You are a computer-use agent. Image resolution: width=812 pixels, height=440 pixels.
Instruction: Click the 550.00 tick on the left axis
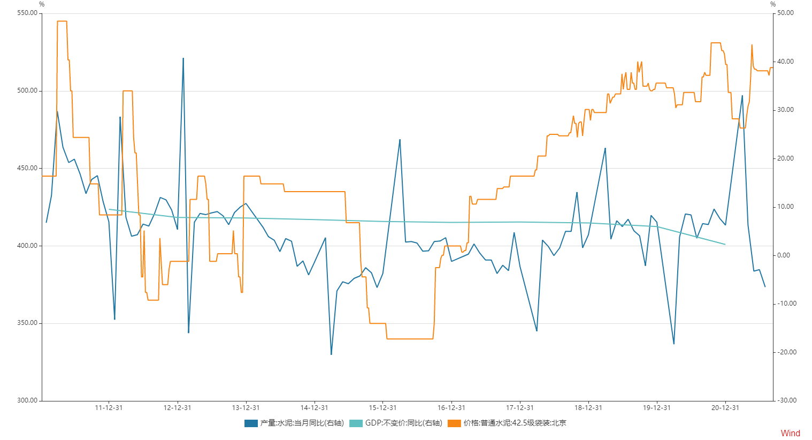click(27, 13)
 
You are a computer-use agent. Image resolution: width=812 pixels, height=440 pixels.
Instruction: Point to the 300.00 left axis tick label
click(27, 400)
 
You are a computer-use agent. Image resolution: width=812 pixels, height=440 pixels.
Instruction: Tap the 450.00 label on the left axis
click(27, 168)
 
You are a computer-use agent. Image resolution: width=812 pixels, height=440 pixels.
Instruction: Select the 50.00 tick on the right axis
click(785, 13)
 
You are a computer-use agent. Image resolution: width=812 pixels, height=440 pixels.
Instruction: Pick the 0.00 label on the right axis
click(784, 255)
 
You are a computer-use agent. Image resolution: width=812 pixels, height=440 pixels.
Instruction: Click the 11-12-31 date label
click(109, 408)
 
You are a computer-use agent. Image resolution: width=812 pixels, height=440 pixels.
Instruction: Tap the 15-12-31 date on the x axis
click(382, 408)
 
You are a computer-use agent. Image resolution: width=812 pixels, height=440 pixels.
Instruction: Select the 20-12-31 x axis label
click(725, 408)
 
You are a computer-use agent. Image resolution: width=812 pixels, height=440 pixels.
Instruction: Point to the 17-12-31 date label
click(519, 408)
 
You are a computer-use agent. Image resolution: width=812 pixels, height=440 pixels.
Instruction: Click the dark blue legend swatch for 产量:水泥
click(251, 423)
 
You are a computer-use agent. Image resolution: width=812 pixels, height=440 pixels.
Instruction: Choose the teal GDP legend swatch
click(356, 423)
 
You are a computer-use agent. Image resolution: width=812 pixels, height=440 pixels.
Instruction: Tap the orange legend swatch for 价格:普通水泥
click(454, 423)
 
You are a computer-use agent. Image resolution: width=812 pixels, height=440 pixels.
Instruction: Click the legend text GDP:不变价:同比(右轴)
click(403, 423)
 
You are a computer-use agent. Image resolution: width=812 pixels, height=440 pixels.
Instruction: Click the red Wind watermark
click(790, 433)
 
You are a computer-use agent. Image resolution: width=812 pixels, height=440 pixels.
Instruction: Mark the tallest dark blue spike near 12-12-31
click(183, 58)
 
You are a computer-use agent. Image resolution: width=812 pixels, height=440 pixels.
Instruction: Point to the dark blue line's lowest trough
click(331, 354)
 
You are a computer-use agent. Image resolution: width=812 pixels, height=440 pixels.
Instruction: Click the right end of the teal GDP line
click(725, 245)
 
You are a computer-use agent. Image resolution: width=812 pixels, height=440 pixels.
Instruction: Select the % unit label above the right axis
click(772, 4)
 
